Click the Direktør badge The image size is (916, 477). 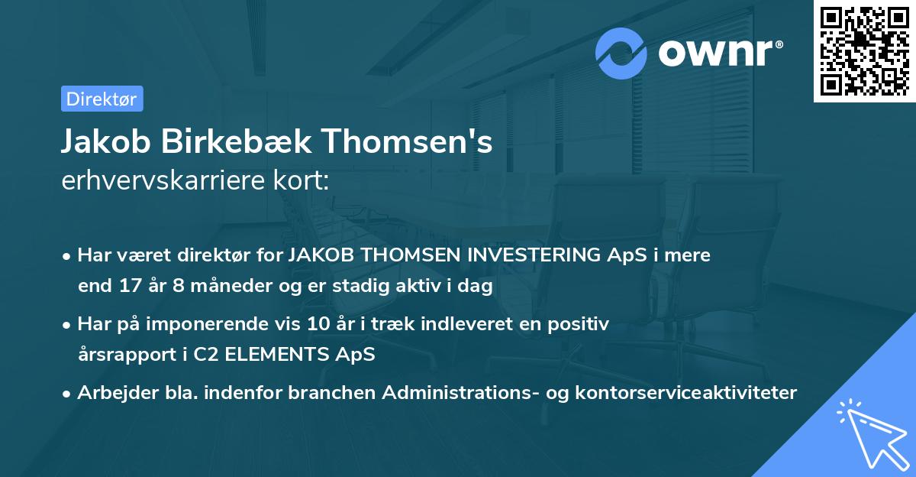(x=102, y=99)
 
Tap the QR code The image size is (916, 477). (x=864, y=50)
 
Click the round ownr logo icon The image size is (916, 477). (x=621, y=54)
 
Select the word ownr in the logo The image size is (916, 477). (x=719, y=53)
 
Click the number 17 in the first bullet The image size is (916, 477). (x=126, y=287)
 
